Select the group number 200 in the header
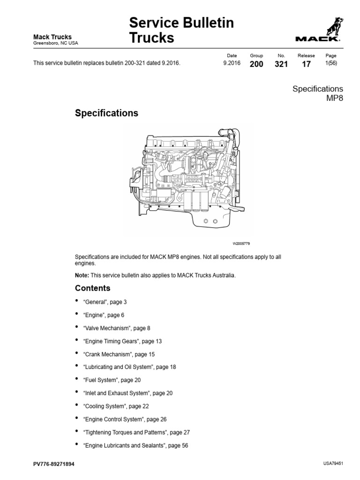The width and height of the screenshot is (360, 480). pos(256,64)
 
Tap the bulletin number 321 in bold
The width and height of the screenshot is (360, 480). pos(281,64)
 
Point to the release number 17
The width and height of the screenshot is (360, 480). pos(306,64)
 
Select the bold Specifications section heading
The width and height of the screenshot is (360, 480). pos(106,113)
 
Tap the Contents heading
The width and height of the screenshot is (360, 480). pos(92,288)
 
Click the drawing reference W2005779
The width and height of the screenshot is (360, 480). pos(242,244)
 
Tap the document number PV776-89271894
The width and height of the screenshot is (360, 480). pos(53,464)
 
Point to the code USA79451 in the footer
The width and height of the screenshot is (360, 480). pos(333,463)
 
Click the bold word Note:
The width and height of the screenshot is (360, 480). pos(82,275)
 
